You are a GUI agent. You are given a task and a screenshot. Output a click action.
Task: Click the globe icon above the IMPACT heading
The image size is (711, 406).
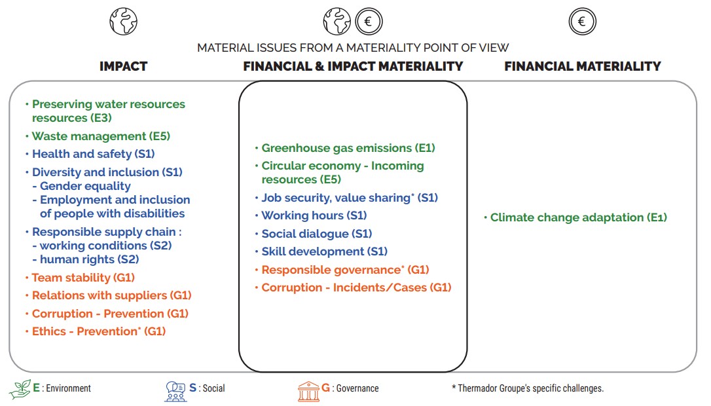click(124, 22)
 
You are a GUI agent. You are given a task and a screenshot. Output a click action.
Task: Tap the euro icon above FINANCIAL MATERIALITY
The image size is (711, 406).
click(582, 22)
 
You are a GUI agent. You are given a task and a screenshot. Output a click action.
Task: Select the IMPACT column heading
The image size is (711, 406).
click(123, 66)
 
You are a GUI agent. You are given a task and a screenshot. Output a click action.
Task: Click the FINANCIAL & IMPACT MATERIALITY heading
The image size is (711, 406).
click(353, 66)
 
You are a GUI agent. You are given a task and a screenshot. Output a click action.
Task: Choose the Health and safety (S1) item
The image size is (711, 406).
click(93, 154)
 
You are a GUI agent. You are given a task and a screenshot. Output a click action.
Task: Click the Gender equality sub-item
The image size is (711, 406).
click(85, 186)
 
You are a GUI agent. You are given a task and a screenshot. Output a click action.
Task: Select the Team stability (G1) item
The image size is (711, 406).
click(83, 278)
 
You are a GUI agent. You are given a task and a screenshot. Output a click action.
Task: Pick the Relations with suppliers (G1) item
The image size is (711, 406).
click(111, 295)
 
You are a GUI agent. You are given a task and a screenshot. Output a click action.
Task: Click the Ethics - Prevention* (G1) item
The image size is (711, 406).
click(98, 331)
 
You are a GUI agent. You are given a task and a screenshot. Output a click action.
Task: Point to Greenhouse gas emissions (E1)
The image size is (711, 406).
click(348, 148)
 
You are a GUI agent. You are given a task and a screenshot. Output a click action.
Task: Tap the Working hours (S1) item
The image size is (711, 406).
click(314, 215)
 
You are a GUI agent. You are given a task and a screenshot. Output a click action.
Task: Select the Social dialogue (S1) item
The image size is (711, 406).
click(316, 234)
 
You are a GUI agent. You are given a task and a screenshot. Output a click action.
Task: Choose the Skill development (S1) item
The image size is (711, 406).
click(324, 251)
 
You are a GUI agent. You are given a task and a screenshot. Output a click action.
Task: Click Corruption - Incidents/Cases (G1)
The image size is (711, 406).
click(356, 287)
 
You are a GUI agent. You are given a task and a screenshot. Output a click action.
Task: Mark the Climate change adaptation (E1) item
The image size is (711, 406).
click(578, 217)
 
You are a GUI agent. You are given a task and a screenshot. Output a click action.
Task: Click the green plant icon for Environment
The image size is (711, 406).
click(20, 389)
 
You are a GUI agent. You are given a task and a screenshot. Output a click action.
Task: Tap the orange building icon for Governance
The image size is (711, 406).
click(308, 390)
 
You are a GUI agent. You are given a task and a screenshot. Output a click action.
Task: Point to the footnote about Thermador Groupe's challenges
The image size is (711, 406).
click(527, 388)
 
